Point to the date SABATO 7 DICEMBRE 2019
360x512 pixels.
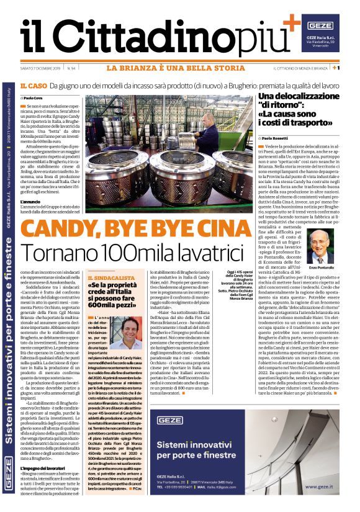(x=40, y=68)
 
